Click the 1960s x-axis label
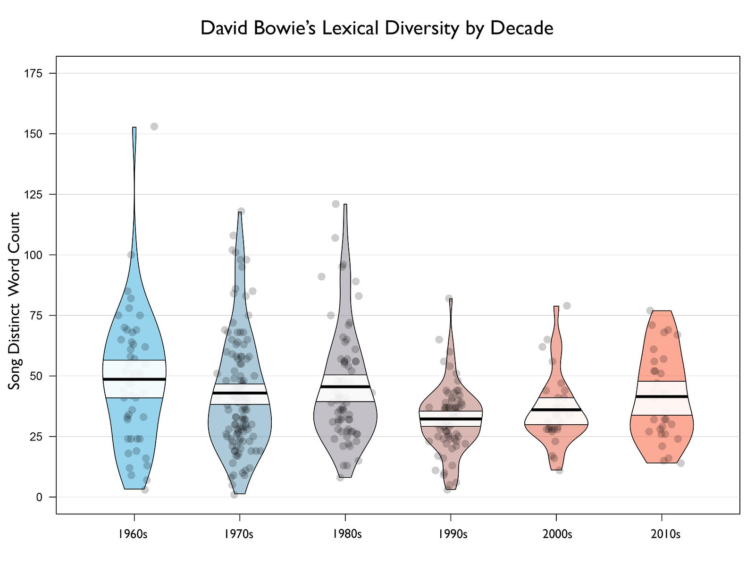pyautogui.click(x=133, y=534)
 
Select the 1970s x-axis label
pyautogui.click(x=239, y=534)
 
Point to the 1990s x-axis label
pyautogui.click(x=453, y=534)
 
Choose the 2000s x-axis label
pyautogui.click(x=557, y=534)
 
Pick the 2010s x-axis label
pyautogui.click(x=665, y=534)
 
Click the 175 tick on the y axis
pyautogui.click(x=34, y=74)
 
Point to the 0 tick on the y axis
pyautogui.click(x=39, y=497)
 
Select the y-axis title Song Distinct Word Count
pyautogui.click(x=15, y=301)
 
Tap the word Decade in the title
pyautogui.click(x=521, y=28)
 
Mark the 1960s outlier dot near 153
pyautogui.click(x=154, y=126)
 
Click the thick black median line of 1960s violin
pyautogui.click(x=134, y=379)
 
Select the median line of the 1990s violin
pyautogui.click(x=451, y=419)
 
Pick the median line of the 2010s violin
pyautogui.click(x=662, y=396)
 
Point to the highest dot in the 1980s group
pyautogui.click(x=336, y=204)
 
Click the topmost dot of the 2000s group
pyautogui.click(x=567, y=306)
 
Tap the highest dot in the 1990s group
pyautogui.click(x=449, y=298)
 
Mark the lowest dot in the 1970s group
pyautogui.click(x=234, y=495)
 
